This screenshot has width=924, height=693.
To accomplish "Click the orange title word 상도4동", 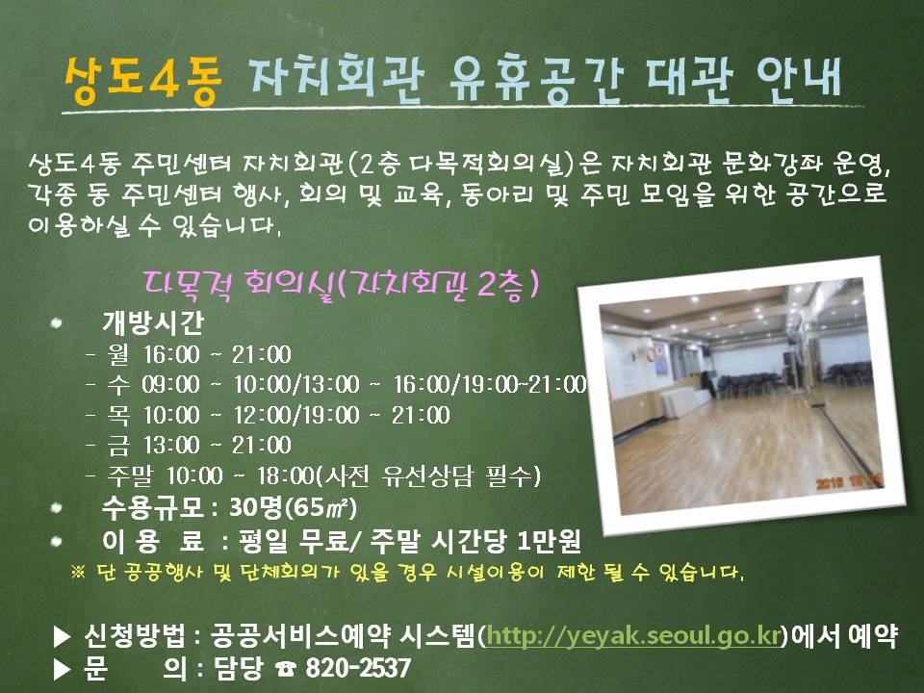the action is pos(142,81).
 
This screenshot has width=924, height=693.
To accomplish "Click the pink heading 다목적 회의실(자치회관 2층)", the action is pos(341,285).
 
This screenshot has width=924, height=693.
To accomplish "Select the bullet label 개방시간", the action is pos(153,321).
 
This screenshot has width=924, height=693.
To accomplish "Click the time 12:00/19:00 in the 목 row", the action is pos(296,415).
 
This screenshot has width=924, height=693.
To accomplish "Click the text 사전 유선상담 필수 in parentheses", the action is pos(428,475).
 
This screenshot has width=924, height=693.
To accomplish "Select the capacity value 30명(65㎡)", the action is pos(293,507).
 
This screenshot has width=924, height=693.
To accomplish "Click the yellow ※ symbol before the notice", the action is pos(78,572).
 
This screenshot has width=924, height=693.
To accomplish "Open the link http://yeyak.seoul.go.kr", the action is pos(633,636).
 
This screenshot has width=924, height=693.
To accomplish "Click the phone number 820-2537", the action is pos(358,668).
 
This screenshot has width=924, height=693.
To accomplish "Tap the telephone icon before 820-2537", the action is pos(287,669).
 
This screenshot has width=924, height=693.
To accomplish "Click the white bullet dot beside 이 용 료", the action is pos(57,541).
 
